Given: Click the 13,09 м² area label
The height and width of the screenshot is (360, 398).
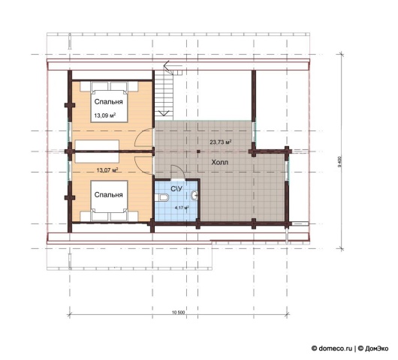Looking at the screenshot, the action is (x=105, y=115).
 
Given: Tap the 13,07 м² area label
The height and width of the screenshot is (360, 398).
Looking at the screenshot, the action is (x=107, y=169).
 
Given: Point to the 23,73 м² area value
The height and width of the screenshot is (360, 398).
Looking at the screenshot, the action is (x=220, y=142).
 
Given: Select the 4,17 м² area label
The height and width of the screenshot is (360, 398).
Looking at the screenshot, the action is (x=182, y=208).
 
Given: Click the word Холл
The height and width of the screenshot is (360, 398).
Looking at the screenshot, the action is (x=220, y=162).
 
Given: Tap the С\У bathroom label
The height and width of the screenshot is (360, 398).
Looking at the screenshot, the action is (x=176, y=188).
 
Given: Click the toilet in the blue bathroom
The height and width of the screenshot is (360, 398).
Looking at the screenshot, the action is (x=162, y=197).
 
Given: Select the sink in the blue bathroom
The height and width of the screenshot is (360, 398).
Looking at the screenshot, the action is (x=194, y=196).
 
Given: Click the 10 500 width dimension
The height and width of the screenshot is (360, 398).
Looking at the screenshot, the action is (x=179, y=312).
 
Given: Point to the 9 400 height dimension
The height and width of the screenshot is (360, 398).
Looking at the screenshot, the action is (x=339, y=161).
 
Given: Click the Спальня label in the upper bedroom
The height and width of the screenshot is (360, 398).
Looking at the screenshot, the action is (x=108, y=102).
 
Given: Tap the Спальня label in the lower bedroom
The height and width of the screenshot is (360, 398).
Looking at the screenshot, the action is (x=108, y=195).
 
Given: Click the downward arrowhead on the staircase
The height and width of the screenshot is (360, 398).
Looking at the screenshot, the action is (x=164, y=113).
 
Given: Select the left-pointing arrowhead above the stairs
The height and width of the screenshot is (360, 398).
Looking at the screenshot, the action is (x=167, y=67).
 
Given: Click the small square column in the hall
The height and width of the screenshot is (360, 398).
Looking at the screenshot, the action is (x=198, y=151).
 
